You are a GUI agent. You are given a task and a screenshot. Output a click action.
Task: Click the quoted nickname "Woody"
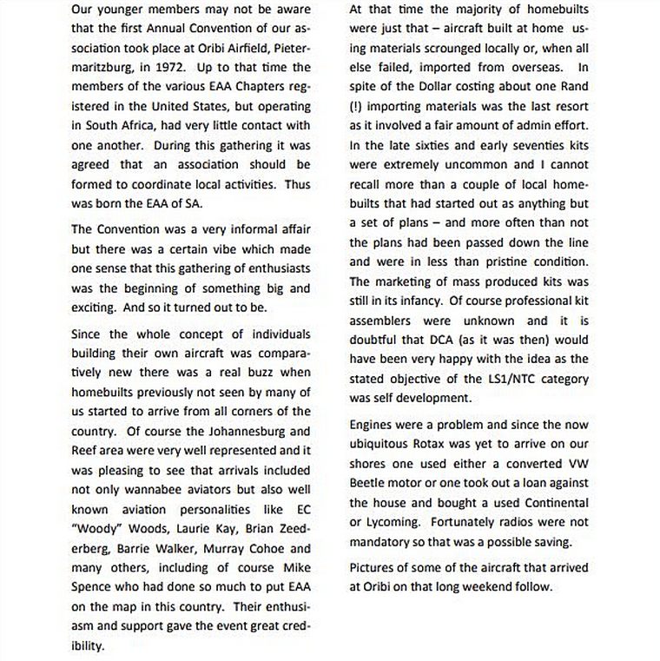(95, 529)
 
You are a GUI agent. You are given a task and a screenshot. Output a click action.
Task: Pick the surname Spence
(94, 587)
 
